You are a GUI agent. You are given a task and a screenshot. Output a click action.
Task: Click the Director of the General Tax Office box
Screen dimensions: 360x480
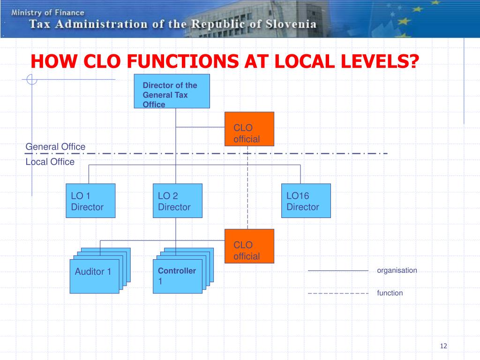coord(172,91)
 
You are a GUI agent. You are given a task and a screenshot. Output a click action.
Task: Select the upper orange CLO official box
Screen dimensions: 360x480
coord(249,129)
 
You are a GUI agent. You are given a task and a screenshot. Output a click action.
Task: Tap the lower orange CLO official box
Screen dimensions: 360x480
coord(249,247)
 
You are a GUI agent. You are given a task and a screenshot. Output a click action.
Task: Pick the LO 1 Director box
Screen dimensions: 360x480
coord(90,201)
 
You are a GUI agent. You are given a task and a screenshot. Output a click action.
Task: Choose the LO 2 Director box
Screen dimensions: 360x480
coord(177,201)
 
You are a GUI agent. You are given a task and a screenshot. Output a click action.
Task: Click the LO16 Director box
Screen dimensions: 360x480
coord(306,201)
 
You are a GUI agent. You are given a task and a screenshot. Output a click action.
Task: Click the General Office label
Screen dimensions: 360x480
coord(55,147)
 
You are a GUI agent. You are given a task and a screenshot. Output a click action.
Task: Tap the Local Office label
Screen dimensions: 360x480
coord(50,162)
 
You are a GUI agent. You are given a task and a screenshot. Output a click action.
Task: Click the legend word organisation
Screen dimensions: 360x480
coord(397,270)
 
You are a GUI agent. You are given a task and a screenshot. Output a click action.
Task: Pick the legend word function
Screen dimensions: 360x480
coord(390,293)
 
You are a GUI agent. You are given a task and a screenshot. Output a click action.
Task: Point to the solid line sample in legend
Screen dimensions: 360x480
coord(337,271)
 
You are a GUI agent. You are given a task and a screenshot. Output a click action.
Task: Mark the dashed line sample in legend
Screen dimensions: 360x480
coord(337,293)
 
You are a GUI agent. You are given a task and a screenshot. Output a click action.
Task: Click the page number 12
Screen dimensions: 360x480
coord(443,346)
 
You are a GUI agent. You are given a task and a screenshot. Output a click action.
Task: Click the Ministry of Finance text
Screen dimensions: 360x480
coord(48,13)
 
